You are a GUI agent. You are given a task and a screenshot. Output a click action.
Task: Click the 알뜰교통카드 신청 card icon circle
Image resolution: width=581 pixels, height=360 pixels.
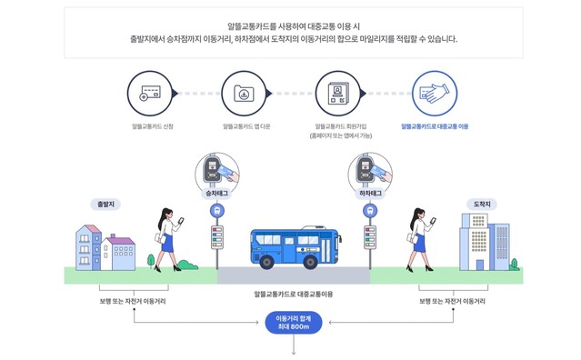pos(152,94)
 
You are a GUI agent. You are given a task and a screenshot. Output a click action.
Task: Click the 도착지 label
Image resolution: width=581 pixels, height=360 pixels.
pos(482,204)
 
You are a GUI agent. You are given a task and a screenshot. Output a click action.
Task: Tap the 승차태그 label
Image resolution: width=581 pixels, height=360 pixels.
pos(216,194)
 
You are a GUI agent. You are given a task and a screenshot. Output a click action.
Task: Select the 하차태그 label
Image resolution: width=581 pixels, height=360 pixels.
pos(370,194)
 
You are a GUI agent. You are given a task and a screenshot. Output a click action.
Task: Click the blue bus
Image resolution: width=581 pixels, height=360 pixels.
pos(294,247)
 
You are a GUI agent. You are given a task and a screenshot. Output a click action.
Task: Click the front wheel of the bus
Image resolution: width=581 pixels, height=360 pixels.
pos(268,262)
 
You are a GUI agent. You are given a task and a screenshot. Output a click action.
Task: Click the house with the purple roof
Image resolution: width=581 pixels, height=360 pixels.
pos(118,250)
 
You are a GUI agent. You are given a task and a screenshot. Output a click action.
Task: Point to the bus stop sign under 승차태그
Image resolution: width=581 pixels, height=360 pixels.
pos(216,211)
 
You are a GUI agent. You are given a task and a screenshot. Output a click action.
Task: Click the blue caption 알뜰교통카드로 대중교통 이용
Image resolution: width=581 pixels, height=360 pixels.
pos(435,126)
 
